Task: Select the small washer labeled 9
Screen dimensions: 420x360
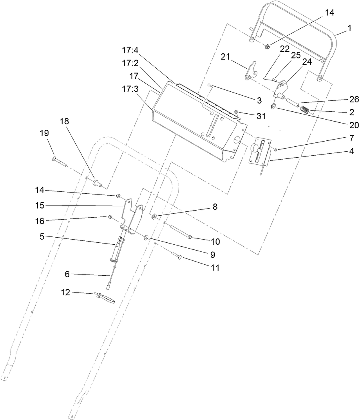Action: point(146,238)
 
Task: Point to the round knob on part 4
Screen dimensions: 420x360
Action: point(255,148)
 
